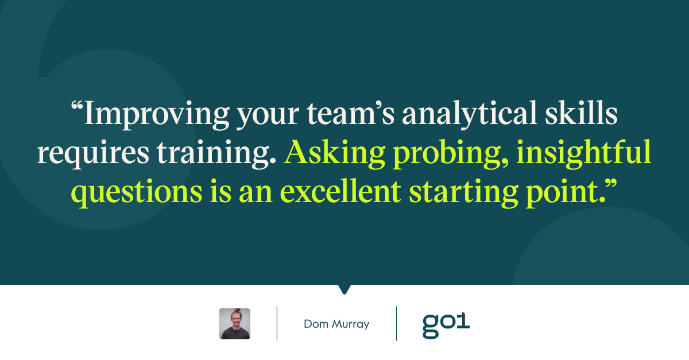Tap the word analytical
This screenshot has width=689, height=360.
tap(470, 114)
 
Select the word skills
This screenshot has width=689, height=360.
tap(581, 112)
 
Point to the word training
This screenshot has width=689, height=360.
tap(216, 153)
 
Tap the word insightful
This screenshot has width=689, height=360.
tap(583, 153)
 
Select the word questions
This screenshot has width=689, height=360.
tap(137, 193)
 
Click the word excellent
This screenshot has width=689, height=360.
tap(340, 191)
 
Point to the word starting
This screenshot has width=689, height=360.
tap(463, 192)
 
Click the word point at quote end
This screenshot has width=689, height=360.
tap(566, 193)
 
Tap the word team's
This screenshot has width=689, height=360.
tap(350, 113)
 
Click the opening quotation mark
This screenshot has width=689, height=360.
tap(77, 106)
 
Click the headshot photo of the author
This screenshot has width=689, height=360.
tap(235, 324)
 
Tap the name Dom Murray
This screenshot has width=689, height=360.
tap(336, 324)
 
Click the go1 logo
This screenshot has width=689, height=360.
tap(446, 326)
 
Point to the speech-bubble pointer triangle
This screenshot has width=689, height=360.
tap(344, 289)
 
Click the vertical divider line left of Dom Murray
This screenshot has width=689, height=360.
tap(277, 324)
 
